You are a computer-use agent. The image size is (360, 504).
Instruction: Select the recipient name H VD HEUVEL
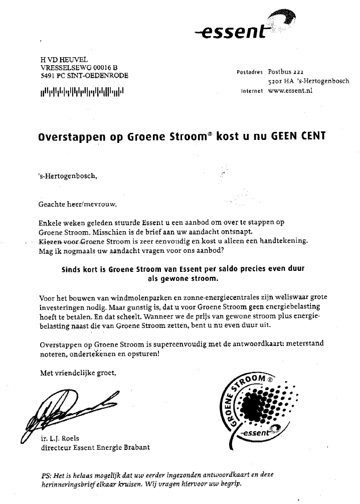click(x=61, y=60)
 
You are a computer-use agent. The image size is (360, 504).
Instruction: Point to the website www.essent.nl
click(x=290, y=91)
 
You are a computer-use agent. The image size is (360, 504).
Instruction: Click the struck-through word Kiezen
click(x=48, y=241)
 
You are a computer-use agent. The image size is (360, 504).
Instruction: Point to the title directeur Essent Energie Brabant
click(x=95, y=447)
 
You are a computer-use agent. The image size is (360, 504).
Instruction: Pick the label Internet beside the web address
click(x=253, y=92)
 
